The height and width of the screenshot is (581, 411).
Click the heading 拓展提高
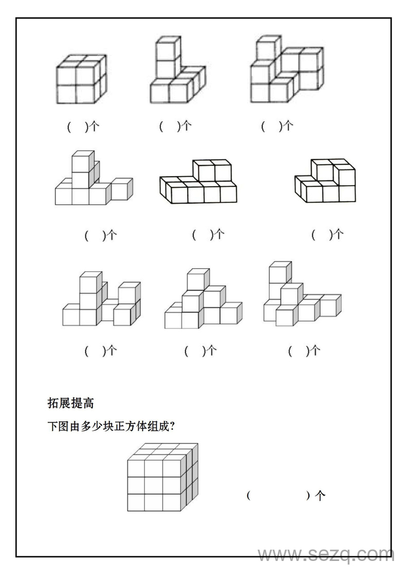70,403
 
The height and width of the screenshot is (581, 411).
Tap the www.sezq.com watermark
326,555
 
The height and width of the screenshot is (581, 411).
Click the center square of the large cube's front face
153,485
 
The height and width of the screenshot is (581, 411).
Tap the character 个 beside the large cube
320,496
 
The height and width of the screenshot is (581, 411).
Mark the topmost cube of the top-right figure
267,49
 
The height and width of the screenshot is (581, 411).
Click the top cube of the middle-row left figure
81,162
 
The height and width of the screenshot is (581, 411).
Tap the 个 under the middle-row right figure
338,235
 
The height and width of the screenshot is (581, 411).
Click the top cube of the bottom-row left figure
89,283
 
